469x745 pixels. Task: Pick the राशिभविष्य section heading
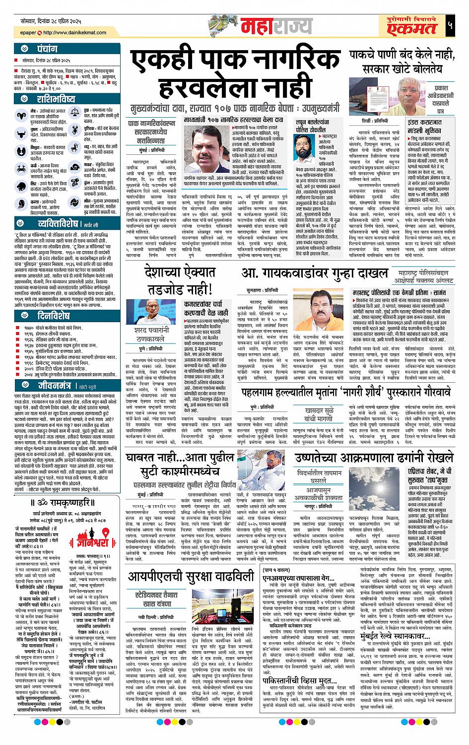pos(56,99)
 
